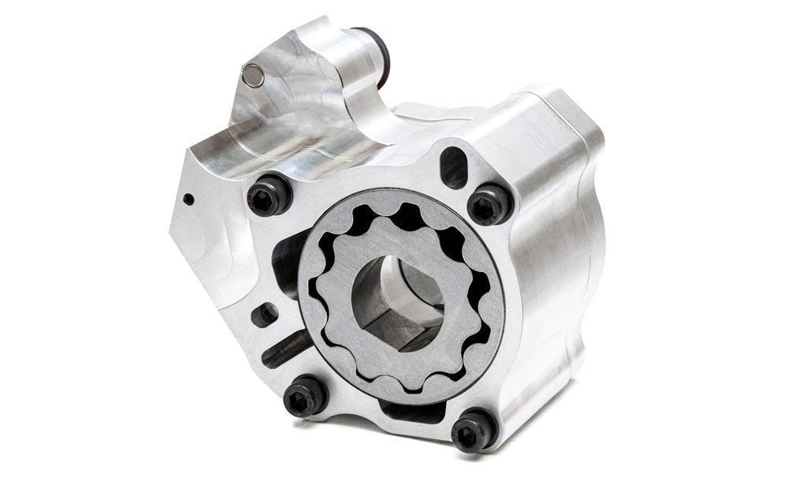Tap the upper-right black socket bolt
click(490, 204)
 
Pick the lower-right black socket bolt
click(474, 429)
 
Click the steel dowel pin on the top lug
click(253, 76)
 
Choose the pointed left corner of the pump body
click(171, 229)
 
